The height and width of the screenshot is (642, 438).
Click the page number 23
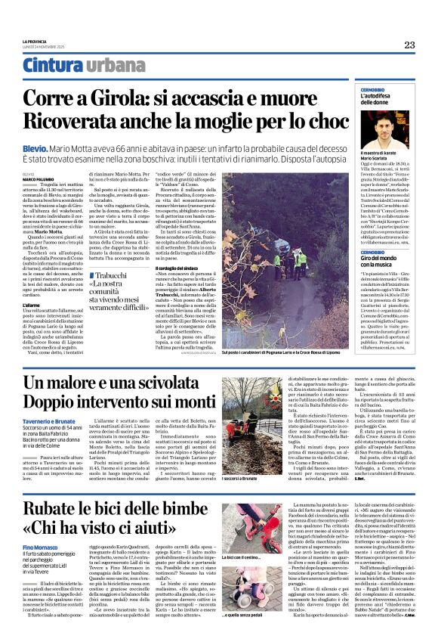[409, 45]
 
